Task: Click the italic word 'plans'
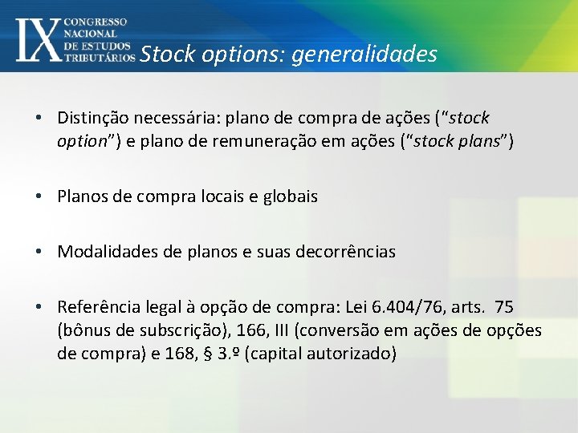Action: pos(478,142)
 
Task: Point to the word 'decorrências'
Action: pos(349,252)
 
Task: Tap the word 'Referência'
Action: pos(96,307)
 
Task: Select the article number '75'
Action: pos(504,307)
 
